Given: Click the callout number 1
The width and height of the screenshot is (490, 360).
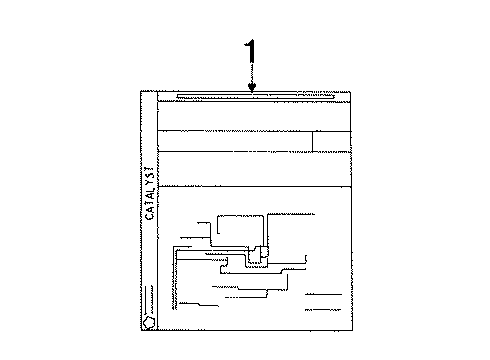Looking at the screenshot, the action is (252, 52).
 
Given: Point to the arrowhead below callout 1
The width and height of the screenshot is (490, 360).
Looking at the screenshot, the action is (252, 89).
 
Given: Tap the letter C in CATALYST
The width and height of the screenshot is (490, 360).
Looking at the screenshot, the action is (150, 214).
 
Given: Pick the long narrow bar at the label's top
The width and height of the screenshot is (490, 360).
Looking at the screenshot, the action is (250, 97).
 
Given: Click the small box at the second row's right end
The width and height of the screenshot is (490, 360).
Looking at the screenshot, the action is (333, 141).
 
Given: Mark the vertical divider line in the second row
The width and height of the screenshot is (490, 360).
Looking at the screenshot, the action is (313, 141).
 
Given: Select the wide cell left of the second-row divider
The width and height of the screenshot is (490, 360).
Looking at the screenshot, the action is (235, 141).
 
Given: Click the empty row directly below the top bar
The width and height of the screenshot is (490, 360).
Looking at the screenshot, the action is (256, 116).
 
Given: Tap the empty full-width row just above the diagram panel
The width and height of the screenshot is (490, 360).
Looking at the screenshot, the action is (256, 168).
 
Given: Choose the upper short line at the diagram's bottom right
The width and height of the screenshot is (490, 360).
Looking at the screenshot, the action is (323, 295).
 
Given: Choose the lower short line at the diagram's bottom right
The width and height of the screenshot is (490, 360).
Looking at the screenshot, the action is (323, 310).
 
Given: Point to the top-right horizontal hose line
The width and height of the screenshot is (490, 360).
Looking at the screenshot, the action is (290, 214).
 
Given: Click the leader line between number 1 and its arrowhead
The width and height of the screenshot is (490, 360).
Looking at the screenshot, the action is (252, 75).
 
